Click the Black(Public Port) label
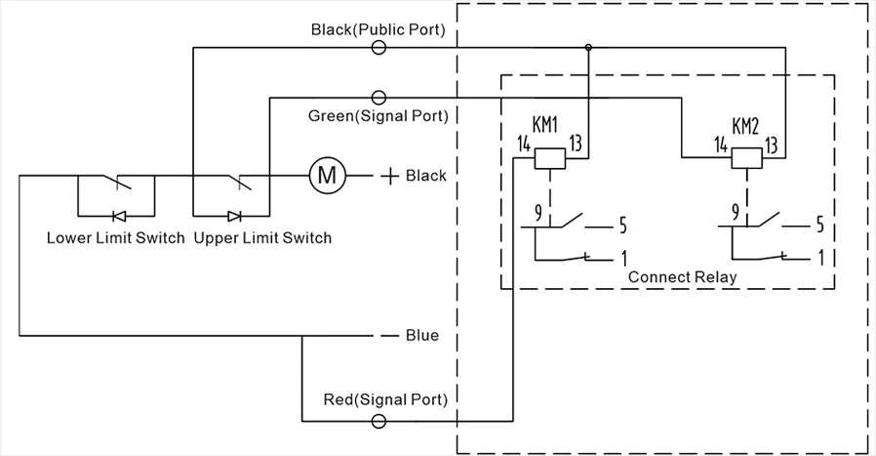[x=378, y=29]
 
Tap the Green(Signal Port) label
[x=378, y=116]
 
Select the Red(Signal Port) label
[x=386, y=400]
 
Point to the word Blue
[x=422, y=336]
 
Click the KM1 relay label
[x=545, y=125]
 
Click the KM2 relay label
[x=744, y=125]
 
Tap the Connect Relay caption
[x=682, y=276]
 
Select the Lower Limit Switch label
[x=115, y=238]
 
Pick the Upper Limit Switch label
[x=263, y=238]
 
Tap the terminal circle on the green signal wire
[x=378, y=97]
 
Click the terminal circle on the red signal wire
[x=378, y=421]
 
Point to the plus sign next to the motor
[x=389, y=176]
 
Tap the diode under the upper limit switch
[x=234, y=216]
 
